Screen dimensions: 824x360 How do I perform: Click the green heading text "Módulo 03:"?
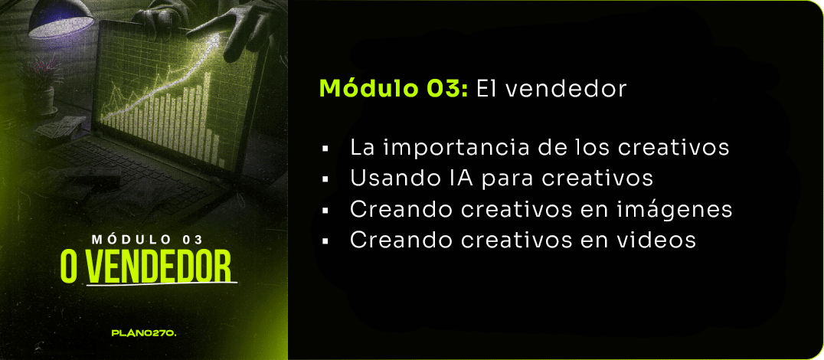coord(394,89)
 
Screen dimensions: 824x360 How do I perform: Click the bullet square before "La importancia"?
coord(325,149)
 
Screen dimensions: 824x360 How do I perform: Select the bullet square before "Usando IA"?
coord(325,180)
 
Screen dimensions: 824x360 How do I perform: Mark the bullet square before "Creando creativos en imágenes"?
coord(325,210)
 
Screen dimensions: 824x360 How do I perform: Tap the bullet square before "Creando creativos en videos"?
coord(325,241)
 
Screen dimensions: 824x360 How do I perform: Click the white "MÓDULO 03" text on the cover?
coord(147,240)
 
